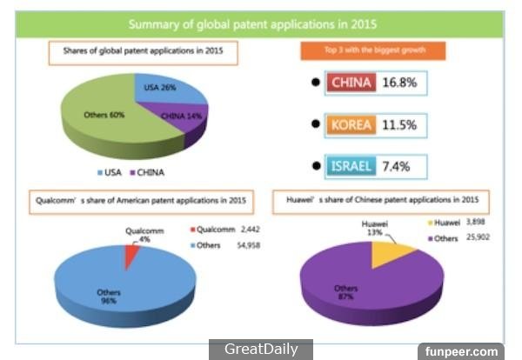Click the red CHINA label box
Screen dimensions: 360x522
351,83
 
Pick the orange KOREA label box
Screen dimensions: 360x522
351,125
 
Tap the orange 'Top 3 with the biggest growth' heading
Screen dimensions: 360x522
374,50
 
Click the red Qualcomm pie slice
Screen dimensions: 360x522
131,255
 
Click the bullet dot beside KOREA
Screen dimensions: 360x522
313,125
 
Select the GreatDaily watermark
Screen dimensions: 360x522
261,350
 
